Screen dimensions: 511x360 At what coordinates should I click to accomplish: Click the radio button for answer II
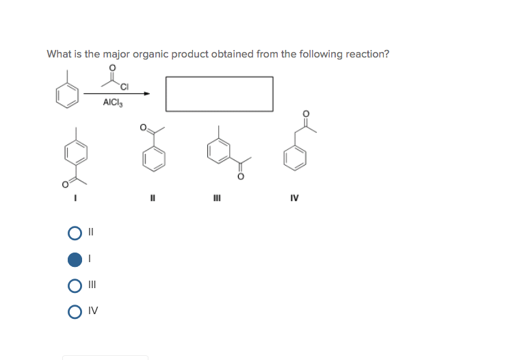tap(75, 233)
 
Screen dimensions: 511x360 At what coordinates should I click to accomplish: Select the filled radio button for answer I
tap(75, 259)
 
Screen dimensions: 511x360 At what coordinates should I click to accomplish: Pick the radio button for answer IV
tap(75, 311)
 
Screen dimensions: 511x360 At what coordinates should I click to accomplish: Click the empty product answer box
tap(219, 94)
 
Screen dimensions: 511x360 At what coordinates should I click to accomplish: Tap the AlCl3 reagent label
tap(112, 103)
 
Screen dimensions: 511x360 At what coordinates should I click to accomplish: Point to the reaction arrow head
tap(146, 94)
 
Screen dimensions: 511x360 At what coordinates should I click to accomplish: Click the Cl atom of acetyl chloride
tap(124, 86)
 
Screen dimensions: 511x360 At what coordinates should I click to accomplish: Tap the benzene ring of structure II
tap(154, 159)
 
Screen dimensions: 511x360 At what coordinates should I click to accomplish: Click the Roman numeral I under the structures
tap(76, 200)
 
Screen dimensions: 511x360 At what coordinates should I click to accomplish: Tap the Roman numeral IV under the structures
tap(295, 200)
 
